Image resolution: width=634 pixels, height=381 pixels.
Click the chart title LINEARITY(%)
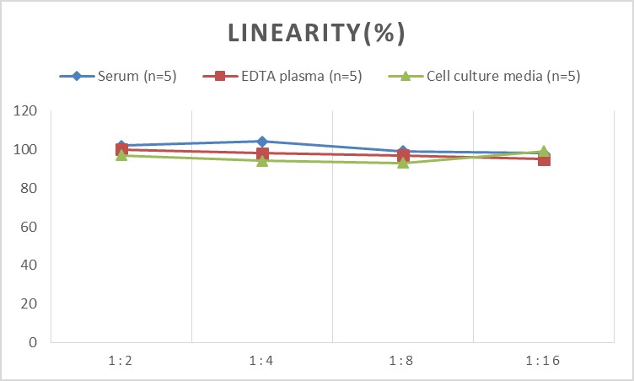(x=317, y=33)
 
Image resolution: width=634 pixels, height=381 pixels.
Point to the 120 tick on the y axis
(x=27, y=111)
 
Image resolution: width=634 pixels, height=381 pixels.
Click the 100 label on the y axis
(x=27, y=150)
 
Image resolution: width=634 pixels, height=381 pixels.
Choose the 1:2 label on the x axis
(x=121, y=361)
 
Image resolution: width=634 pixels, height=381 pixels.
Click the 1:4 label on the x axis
(x=262, y=361)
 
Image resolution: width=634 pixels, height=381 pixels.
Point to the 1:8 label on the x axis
(x=403, y=361)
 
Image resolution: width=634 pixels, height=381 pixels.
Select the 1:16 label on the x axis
(x=544, y=361)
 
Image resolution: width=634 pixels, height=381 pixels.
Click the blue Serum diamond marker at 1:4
(x=262, y=142)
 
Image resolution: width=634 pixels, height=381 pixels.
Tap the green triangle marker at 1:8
(x=403, y=162)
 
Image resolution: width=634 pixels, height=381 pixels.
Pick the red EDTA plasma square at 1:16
(x=544, y=159)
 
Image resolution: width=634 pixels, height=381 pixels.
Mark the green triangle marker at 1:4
(x=262, y=160)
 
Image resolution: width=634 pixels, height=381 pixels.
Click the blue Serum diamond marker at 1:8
(x=403, y=152)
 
